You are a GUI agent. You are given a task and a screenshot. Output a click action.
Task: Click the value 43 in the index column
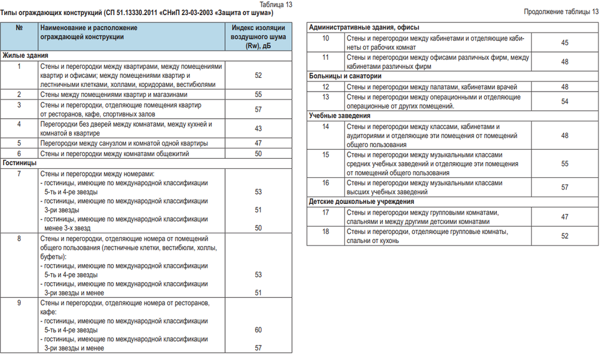point(259,128)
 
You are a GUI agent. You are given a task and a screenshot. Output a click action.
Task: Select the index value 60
point(259,330)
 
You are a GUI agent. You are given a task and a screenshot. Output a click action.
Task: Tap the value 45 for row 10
point(564,43)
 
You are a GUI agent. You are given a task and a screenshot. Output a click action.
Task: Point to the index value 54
point(564,101)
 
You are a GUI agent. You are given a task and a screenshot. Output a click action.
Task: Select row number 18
point(325,232)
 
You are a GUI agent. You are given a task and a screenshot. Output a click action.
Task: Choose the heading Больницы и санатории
point(345,76)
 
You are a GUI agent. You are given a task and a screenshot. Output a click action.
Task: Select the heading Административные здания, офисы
point(364,28)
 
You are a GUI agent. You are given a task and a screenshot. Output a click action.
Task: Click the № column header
point(19,28)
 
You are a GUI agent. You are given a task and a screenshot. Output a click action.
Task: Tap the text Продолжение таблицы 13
point(561,11)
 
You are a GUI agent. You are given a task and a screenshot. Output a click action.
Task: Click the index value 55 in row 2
point(259,95)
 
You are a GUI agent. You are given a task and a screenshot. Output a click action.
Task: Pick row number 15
point(325,155)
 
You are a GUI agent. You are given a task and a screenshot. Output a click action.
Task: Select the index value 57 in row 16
point(564,188)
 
